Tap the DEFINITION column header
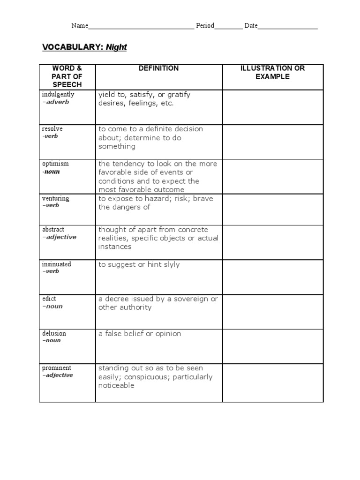[158, 68]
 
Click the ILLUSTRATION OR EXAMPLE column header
[272, 72]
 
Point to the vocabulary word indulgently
[58, 94]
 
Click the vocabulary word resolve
[52, 129]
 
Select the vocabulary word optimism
[55, 164]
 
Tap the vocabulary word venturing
[55, 198]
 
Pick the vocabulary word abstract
[53, 230]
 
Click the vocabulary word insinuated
[56, 264]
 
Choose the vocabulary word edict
[49, 299]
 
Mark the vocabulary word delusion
[54, 333]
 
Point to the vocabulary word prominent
[56, 368]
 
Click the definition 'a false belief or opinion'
[139, 334]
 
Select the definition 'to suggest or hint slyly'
[139, 265]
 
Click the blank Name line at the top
[141, 26]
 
